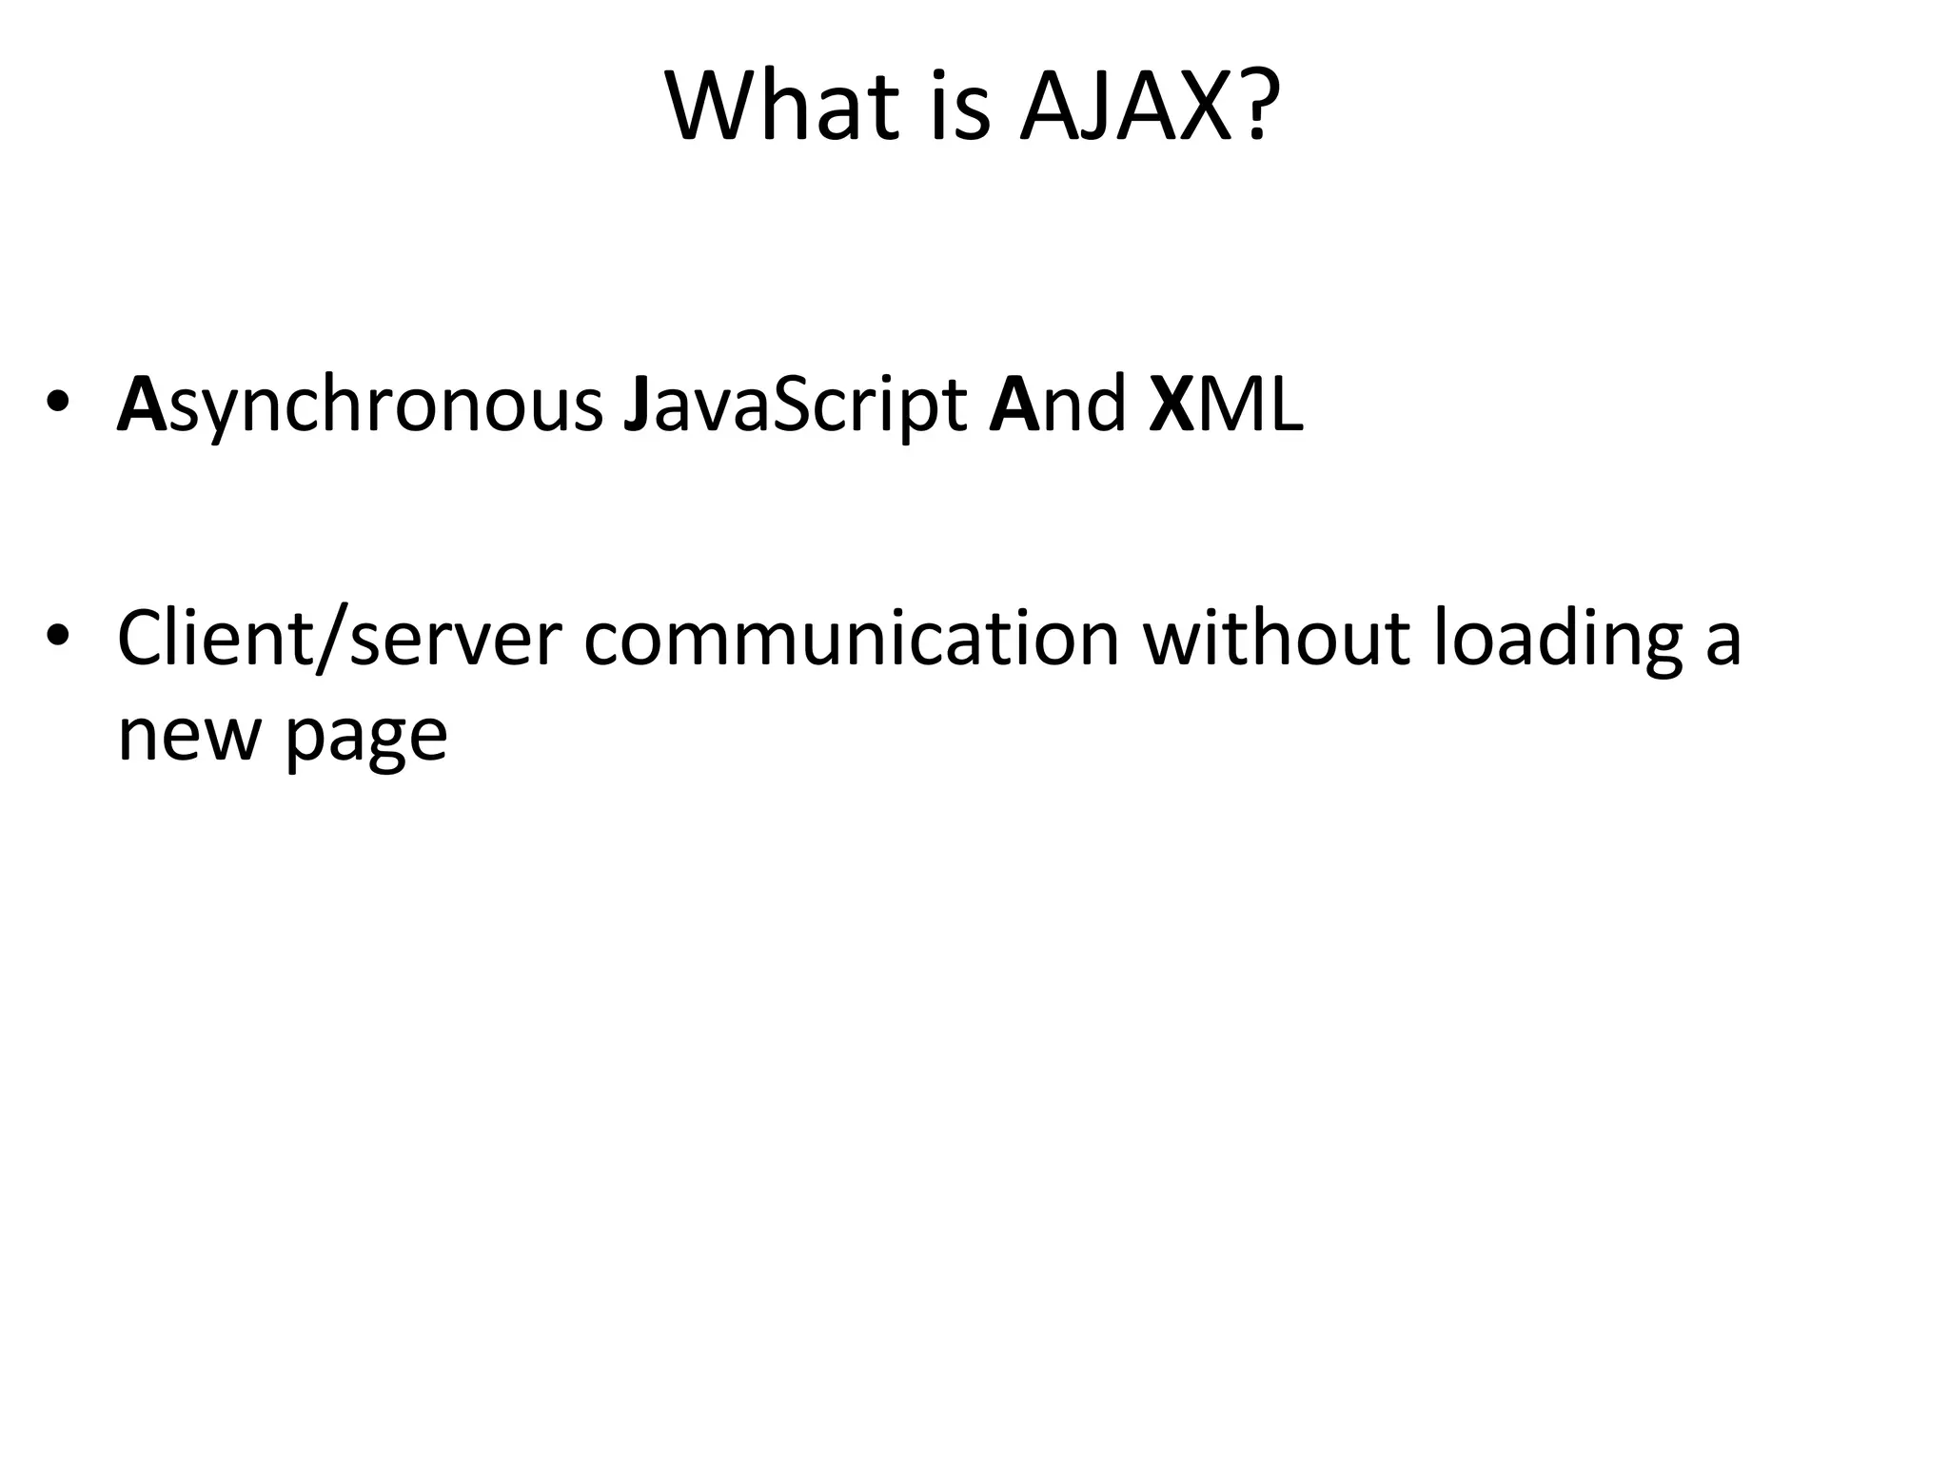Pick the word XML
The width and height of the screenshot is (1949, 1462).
tap(1226, 405)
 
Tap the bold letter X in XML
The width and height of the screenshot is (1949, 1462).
tap(1171, 405)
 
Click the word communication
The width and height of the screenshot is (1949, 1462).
tap(851, 638)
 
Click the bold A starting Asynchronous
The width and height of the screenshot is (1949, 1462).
tap(142, 405)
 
